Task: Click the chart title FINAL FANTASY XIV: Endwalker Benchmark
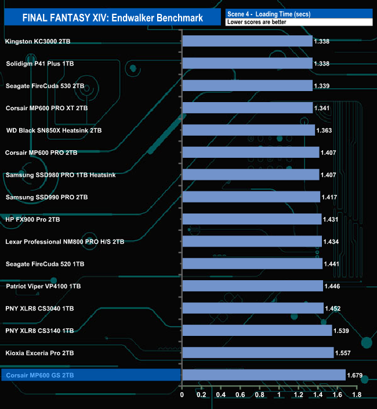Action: (113, 17)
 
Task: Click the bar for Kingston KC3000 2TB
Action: (247, 41)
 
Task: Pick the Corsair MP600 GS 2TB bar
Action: (264, 375)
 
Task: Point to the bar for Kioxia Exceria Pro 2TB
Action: (258, 353)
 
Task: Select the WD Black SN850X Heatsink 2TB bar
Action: (248, 131)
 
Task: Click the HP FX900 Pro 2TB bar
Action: (252, 219)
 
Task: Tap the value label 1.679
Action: (355, 376)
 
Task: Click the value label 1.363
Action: (324, 131)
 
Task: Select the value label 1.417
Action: (329, 197)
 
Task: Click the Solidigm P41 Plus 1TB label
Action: (39, 64)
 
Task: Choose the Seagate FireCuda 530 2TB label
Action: (45, 86)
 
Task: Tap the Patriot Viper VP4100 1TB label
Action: (43, 286)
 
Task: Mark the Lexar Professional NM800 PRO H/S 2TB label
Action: (64, 241)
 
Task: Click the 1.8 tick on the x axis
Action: (356, 395)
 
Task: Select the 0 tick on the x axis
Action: (182, 395)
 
